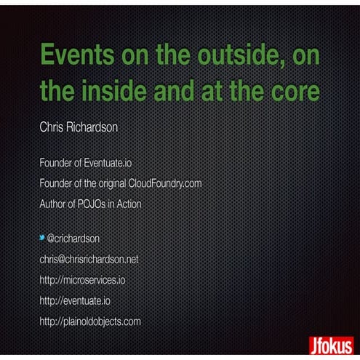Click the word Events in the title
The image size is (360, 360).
pyautogui.click(x=77, y=57)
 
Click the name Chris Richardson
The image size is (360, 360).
pyautogui.click(x=79, y=127)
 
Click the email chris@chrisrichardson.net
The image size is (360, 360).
pyautogui.click(x=89, y=259)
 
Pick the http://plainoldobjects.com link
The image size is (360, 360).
pyautogui.click(x=90, y=320)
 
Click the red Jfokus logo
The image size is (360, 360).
pyautogui.click(x=331, y=344)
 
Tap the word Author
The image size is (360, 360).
pyautogui.click(x=54, y=204)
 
